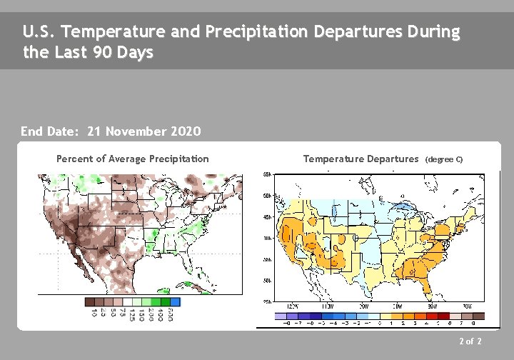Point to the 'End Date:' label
51,131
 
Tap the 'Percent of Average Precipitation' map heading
133,159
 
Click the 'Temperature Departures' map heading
361,159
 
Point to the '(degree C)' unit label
444,159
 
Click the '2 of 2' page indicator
470,342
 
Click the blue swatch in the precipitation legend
175,302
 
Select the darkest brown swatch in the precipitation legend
90,302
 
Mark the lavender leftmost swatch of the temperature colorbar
280,316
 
